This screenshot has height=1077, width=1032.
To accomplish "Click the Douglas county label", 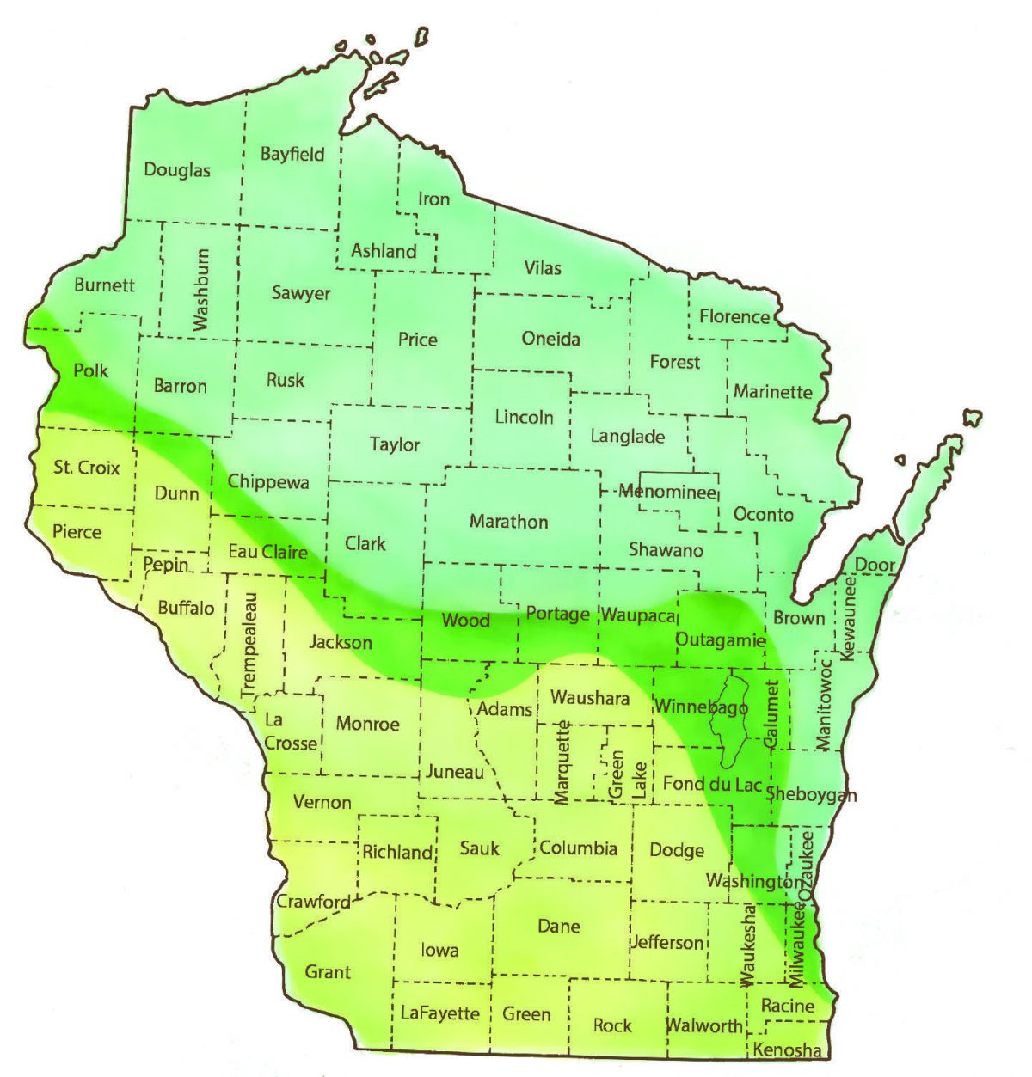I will click(x=177, y=170).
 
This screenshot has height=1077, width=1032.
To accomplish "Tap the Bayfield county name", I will click(x=292, y=155).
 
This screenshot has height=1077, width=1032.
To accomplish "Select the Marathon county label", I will click(x=508, y=522).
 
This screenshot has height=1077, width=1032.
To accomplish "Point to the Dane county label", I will click(x=559, y=926).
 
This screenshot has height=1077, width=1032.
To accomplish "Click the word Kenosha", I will click(x=787, y=1050).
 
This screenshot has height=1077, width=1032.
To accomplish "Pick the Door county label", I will click(x=875, y=566).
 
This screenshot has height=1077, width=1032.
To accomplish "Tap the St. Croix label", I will click(x=87, y=468).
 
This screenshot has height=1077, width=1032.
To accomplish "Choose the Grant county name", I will click(x=328, y=972).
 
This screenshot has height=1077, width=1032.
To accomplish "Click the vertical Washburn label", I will click(x=201, y=290).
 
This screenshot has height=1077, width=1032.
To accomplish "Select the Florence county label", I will click(x=734, y=316).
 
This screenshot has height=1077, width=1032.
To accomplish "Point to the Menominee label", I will click(x=668, y=493).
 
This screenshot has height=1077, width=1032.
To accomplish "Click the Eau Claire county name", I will click(x=267, y=552).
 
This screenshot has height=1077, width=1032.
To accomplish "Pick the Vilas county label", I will click(x=543, y=268).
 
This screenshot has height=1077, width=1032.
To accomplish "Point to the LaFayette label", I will click(x=440, y=1013).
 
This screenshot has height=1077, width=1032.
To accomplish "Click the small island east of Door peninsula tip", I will click(x=972, y=418).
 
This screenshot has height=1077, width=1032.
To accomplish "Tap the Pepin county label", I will click(x=165, y=565).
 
